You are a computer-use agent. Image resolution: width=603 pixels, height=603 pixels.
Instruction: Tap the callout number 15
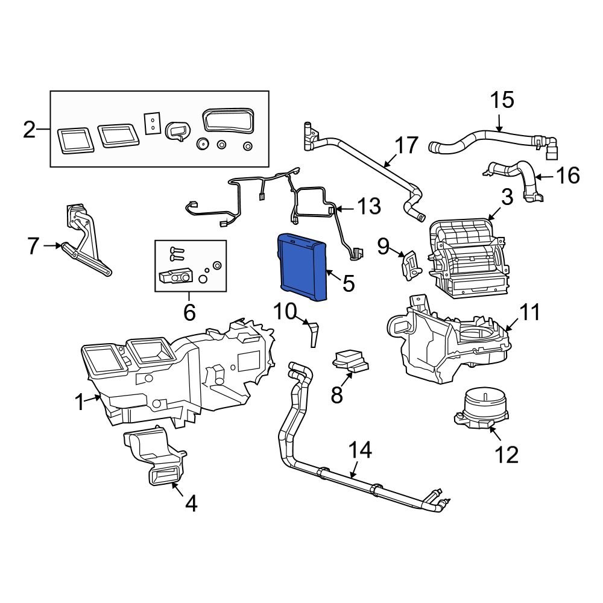point(502,100)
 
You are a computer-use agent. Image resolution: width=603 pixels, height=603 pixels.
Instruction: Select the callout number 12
point(507,454)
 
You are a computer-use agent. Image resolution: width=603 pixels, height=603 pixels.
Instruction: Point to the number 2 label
point(30,129)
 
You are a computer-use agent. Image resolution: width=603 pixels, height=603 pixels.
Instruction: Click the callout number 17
point(406,146)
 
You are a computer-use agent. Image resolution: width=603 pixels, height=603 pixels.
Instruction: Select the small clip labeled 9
point(410,264)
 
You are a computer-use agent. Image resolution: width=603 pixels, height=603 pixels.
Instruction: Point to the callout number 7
point(34,246)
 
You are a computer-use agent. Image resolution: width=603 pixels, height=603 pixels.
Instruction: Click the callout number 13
point(369,207)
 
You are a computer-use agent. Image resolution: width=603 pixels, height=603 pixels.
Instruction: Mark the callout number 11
point(531,312)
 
